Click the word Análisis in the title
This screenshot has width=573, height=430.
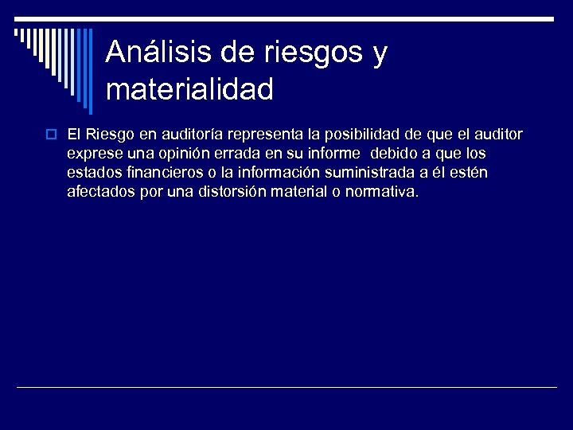click(158, 53)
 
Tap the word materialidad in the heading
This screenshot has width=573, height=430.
click(189, 89)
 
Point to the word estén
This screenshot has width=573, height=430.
click(470, 173)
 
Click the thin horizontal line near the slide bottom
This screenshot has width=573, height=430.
click(286, 387)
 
